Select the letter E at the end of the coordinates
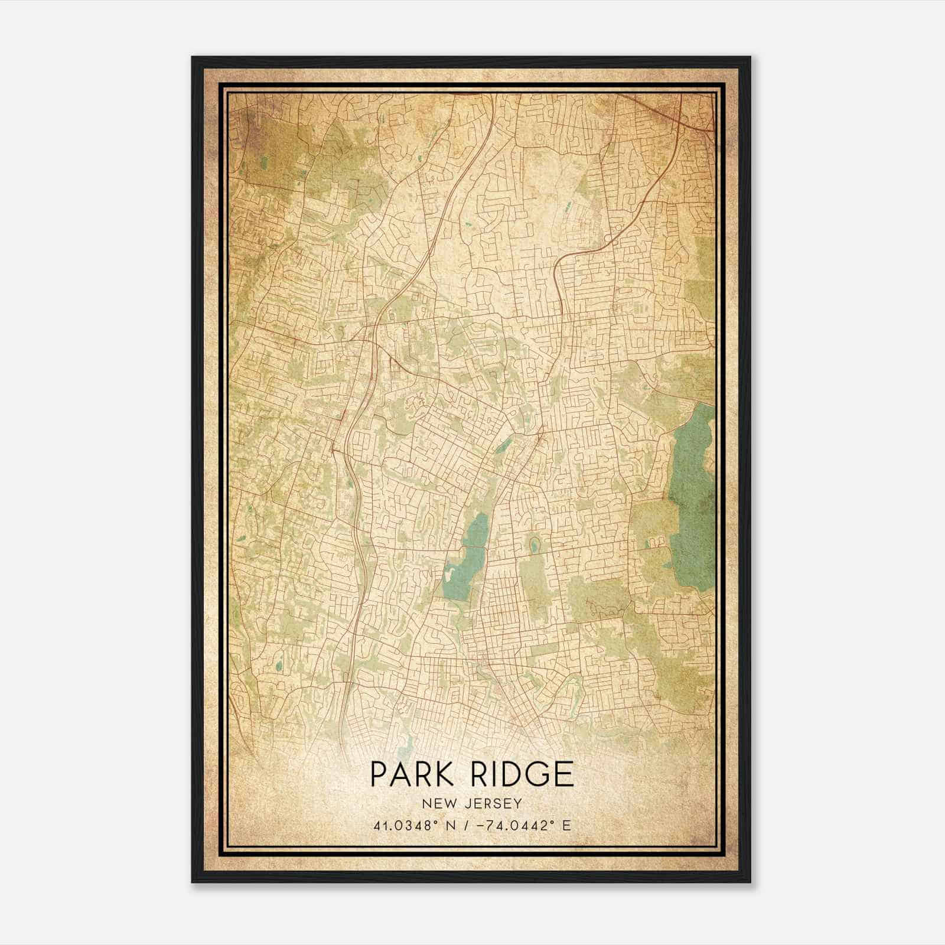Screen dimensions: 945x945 pos(567,826)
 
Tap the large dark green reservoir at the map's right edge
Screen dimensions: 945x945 pos(692,496)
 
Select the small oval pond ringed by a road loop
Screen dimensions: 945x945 pos(535,545)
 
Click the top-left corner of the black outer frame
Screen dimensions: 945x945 pos(193,57)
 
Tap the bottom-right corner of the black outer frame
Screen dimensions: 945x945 pos(750,882)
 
